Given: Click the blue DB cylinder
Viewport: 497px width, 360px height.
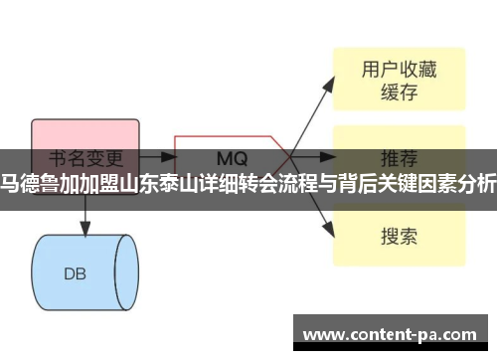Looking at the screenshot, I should click(x=83, y=245).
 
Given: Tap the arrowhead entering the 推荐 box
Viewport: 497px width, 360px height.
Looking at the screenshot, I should click(x=329, y=156).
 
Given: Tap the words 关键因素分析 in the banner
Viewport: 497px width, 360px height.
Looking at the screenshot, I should click(x=447, y=181).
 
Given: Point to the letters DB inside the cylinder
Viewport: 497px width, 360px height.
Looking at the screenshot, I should click(x=77, y=246).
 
